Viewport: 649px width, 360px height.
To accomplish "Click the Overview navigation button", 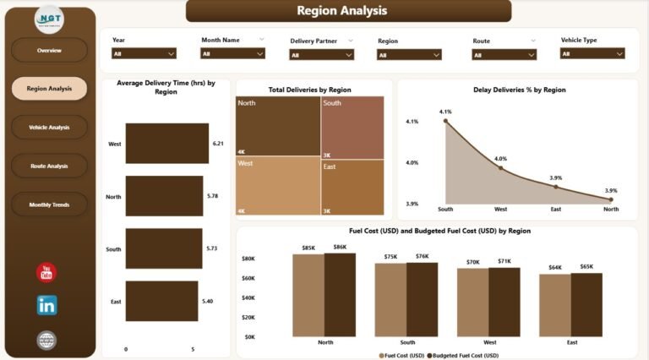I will [49, 50].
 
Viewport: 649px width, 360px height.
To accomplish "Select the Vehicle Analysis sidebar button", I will [49, 128].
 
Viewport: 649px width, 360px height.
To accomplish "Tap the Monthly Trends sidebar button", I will [49, 205].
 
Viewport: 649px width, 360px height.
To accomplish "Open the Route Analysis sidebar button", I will [49, 166].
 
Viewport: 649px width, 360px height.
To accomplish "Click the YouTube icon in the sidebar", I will [47, 272].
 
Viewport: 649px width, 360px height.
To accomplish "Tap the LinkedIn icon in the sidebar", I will [47, 305].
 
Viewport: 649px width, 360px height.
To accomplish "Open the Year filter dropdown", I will [144, 53].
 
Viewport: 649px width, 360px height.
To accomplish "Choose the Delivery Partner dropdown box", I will [321, 54].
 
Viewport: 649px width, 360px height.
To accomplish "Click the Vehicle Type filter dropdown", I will [592, 53].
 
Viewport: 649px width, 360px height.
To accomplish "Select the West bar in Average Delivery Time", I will [166, 144].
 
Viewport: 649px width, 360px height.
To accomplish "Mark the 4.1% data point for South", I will [446, 122].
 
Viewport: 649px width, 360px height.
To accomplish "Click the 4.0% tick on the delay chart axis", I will [412, 162].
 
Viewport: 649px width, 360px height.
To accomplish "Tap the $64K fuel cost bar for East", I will [554, 305].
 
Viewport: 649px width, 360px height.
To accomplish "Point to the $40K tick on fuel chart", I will [249, 297].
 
